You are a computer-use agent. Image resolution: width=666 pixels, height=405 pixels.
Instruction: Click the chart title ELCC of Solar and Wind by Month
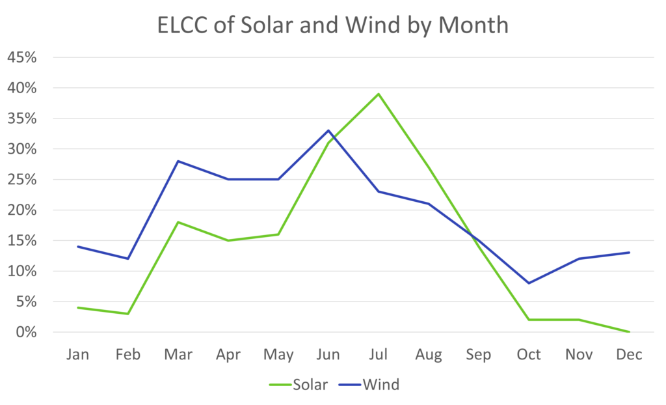point(332,25)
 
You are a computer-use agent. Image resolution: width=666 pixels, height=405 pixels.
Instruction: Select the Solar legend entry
point(299,385)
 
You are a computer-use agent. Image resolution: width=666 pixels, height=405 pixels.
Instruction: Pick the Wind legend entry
point(369,385)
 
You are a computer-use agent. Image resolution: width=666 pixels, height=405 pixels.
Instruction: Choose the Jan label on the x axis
point(78,355)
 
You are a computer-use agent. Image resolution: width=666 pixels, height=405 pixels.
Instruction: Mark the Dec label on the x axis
point(630,355)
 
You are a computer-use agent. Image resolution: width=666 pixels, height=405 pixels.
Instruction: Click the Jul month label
point(379,355)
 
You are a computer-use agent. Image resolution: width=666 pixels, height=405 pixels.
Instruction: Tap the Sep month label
point(479,355)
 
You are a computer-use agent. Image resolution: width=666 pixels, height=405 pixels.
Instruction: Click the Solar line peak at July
point(379,94)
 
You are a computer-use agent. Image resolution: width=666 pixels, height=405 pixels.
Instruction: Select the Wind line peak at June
point(328,130)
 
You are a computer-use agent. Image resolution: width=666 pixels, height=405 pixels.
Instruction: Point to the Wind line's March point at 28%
point(178,161)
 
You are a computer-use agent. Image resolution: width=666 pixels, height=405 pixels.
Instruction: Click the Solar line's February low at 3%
point(128,314)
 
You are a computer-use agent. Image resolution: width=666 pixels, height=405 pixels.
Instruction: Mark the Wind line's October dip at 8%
point(529,283)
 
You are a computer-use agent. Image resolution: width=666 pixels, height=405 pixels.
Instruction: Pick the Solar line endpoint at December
point(630,332)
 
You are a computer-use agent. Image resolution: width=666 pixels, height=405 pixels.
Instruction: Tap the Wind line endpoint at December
point(630,253)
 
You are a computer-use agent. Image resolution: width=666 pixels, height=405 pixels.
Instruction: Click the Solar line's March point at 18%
point(178,222)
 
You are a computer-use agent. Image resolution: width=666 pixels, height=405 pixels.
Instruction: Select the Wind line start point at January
point(78,247)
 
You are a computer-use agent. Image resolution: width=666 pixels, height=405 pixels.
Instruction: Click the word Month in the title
point(472,25)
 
